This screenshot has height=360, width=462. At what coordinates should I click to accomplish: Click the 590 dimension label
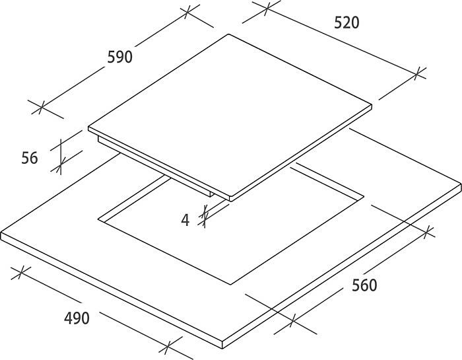[x=119, y=57]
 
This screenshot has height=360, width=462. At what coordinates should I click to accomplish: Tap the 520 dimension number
[x=346, y=22]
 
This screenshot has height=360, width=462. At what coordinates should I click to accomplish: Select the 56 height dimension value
[x=30, y=158]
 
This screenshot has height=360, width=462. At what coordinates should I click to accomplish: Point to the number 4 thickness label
[x=185, y=220]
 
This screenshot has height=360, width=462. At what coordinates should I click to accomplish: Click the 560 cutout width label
[x=364, y=285]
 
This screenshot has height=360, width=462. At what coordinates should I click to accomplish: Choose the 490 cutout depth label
[x=77, y=318]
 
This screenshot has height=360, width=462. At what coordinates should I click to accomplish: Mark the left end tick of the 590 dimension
[x=41, y=107]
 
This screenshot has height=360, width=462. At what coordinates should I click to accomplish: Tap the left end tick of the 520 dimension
[x=267, y=9]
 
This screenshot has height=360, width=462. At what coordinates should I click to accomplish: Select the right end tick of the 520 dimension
[x=416, y=73]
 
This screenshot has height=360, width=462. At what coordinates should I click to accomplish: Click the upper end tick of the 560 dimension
[x=427, y=233]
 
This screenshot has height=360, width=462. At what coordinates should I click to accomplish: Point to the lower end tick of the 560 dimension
[x=292, y=320]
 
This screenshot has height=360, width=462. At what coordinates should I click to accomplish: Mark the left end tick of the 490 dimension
[x=20, y=273]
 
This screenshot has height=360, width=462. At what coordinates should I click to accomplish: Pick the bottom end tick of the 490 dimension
[x=167, y=348]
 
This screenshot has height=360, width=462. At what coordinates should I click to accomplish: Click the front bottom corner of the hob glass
[x=231, y=201]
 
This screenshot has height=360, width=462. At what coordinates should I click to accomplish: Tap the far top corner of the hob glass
[x=228, y=34]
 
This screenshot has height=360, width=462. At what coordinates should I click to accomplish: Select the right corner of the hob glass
[x=372, y=106]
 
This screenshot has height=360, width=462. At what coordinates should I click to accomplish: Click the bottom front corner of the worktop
[x=222, y=349]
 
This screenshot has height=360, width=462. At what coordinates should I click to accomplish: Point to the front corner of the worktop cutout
[x=230, y=285]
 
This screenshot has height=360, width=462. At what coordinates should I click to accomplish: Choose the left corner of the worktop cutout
[x=98, y=219]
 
